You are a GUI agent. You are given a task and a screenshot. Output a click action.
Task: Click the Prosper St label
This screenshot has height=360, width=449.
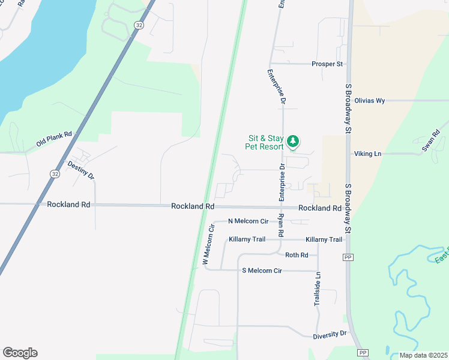327,64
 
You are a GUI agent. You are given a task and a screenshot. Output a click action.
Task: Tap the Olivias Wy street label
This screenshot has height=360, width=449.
369,101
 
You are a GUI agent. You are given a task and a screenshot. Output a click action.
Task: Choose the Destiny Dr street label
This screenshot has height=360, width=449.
81,170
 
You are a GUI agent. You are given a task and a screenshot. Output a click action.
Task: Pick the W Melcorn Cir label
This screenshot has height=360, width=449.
208,245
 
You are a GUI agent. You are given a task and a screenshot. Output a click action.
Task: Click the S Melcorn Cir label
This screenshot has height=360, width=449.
261,271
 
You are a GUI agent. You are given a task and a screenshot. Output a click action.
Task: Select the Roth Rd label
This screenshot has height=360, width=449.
297,255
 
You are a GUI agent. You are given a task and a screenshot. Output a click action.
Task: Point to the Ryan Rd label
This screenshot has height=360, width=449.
280,225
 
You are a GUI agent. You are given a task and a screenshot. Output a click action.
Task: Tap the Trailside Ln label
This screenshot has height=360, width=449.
318,289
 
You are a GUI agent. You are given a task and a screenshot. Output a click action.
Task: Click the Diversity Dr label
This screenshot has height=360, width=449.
330,334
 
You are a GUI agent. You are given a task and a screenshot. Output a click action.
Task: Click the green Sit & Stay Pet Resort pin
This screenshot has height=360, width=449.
292,142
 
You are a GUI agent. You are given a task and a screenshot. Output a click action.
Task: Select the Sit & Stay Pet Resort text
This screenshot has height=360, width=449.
265,142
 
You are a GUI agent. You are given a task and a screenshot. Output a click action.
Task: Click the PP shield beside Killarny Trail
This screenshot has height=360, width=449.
347,257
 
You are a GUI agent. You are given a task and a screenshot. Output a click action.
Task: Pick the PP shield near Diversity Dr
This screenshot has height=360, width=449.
363,352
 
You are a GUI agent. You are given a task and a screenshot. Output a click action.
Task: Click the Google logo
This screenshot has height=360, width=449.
20,353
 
